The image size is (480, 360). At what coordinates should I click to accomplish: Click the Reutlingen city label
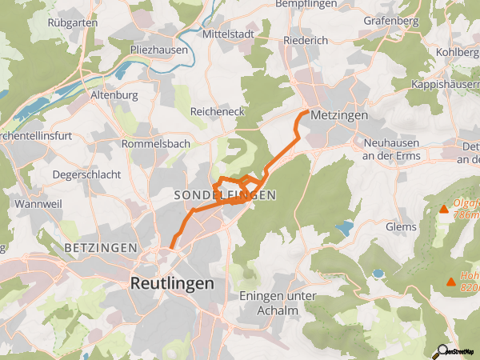click(172, 284)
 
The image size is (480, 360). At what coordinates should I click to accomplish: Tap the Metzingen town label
click(339, 115)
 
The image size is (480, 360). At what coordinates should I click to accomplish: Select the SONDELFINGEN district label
click(225, 195)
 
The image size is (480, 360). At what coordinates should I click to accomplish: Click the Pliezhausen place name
click(159, 50)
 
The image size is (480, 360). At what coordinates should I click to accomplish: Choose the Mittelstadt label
click(228, 35)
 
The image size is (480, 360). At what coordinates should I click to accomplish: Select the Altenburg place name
click(115, 94)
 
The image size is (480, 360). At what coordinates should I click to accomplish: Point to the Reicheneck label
click(216, 113)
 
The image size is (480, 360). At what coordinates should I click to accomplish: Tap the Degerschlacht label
click(86, 174)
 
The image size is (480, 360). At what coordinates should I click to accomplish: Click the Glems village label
click(401, 226)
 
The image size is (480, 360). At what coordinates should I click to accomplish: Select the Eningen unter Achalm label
click(279, 302)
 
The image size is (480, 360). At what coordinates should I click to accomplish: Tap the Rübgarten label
click(72, 22)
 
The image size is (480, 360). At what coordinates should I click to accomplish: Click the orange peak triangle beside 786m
click(444, 210)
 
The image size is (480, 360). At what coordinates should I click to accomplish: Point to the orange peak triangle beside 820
click(452, 282)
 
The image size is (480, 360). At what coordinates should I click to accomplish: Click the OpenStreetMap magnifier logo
click(442, 350)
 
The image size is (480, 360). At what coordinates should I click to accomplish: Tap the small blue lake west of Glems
click(345, 229)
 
